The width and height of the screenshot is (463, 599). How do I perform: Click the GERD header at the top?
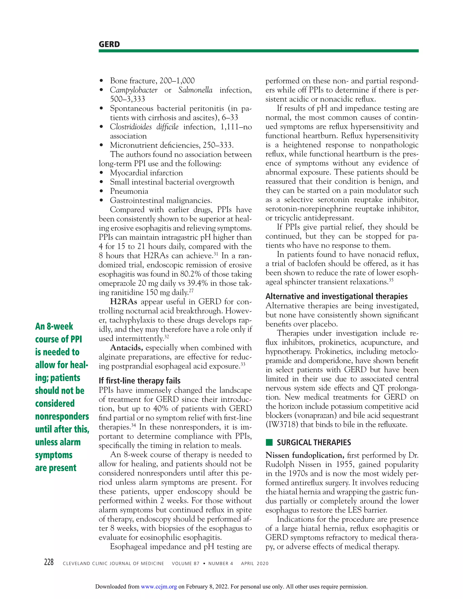pos(109,45)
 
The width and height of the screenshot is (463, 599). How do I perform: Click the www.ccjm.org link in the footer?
pos(159,587)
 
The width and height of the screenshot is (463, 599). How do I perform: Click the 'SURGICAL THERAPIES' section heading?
pos(314,442)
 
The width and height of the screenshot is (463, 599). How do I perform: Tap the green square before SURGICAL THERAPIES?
pos(269,442)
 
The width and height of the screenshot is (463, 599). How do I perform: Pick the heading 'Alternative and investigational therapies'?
pos(336,297)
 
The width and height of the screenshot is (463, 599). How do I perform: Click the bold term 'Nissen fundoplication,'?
pos(305,455)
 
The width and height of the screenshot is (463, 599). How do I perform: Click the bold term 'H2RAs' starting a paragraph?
pos(123,302)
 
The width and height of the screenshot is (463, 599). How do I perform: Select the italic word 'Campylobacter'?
pos(134,90)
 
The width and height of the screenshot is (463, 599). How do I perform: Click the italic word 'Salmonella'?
pos(195,90)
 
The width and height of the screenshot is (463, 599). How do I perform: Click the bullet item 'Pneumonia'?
pos(129,191)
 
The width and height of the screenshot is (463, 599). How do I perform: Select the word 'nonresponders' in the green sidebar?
pos(62,416)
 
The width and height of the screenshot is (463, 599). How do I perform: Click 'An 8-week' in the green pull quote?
pos(54,326)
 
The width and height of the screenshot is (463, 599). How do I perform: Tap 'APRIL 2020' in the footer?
pos(255,563)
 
